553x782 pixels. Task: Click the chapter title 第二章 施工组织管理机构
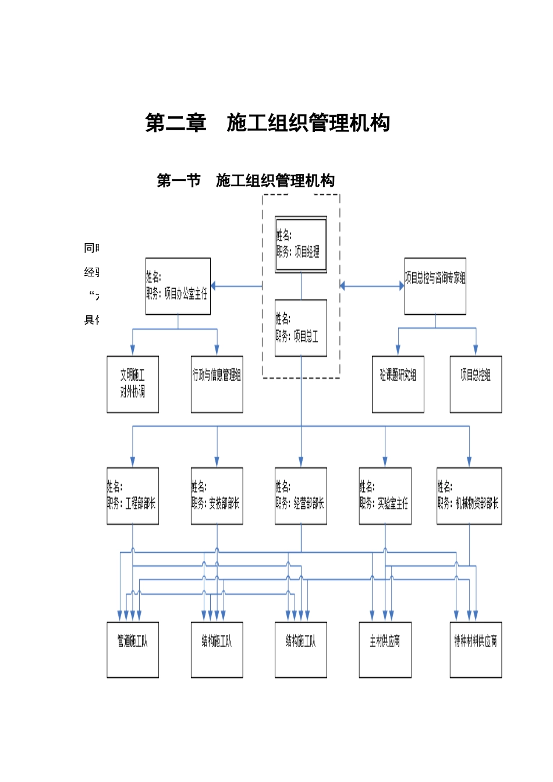(x=267, y=123)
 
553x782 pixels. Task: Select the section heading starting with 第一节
(x=246, y=180)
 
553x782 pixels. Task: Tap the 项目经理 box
(x=301, y=244)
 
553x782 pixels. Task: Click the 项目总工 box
(x=301, y=328)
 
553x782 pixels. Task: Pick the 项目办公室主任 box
(x=178, y=286)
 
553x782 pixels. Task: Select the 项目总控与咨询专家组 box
(x=435, y=286)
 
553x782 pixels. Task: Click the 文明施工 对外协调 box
(x=133, y=384)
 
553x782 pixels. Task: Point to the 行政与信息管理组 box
(x=217, y=384)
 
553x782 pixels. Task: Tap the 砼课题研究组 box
(x=398, y=384)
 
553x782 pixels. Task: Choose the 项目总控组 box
(x=476, y=384)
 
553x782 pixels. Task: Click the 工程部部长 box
(x=133, y=496)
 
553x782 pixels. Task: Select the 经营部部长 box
(x=301, y=496)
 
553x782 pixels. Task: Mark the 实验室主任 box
(x=385, y=496)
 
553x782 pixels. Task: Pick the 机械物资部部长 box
(x=469, y=496)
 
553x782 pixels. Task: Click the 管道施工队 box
(x=133, y=649)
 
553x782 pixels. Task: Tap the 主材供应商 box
(x=385, y=649)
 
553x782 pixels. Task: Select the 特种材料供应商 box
(x=476, y=649)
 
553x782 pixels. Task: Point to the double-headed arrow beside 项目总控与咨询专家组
(x=372, y=286)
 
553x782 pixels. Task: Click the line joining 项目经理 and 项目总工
(x=301, y=286)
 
